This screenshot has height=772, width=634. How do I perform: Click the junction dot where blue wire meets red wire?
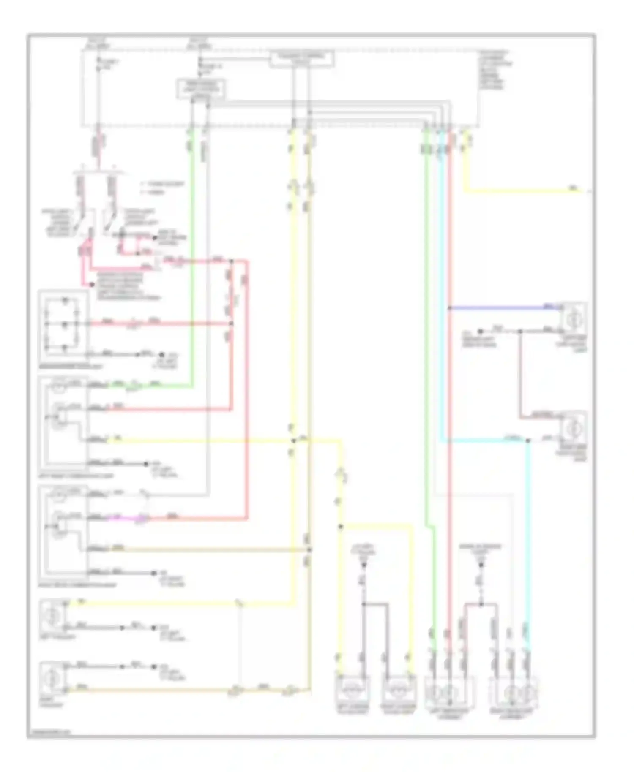click(x=448, y=308)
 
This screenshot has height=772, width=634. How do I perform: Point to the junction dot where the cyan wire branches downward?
click(x=527, y=441)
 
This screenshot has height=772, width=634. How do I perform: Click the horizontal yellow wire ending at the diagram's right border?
click(x=524, y=191)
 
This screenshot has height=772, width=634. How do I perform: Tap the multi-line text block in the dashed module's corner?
click(x=495, y=70)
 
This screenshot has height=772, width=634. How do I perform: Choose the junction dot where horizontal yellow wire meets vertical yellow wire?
click(x=293, y=441)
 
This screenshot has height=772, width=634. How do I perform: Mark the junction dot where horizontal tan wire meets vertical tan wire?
click(x=309, y=549)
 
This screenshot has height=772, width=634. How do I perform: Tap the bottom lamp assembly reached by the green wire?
click(x=449, y=693)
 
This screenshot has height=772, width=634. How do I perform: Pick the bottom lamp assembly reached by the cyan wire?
click(x=513, y=693)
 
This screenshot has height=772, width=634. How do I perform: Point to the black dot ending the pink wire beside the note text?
click(x=93, y=285)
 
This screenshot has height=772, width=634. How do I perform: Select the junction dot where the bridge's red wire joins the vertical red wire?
click(x=231, y=324)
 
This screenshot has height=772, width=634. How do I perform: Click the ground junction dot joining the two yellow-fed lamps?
click(x=363, y=604)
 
